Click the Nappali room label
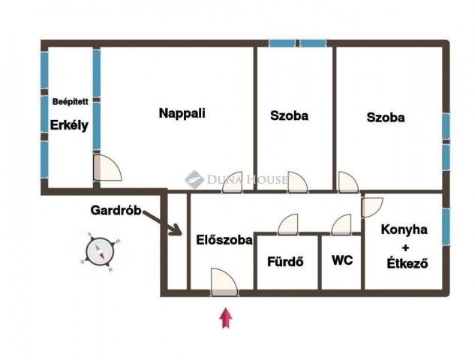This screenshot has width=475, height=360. (182, 113)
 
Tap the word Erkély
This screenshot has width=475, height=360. (69, 125)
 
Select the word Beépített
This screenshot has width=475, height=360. (71, 102)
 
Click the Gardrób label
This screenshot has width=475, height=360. (116, 210)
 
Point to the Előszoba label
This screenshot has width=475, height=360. (224, 240)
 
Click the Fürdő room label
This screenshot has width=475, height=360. (285, 262)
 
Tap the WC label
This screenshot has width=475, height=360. (342, 260)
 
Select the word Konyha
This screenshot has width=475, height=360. (404, 229)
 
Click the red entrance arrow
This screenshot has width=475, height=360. (226, 318)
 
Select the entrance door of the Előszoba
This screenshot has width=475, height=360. (224, 282)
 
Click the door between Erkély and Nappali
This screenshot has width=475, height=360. (107, 167)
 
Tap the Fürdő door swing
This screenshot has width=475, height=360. (288, 224)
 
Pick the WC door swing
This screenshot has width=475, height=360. (341, 224)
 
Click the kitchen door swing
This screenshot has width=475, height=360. (372, 207)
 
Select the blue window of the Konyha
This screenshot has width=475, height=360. (446, 226)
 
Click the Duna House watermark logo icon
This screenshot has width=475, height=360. (194, 179)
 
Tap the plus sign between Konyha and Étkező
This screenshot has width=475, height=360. (405, 247)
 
